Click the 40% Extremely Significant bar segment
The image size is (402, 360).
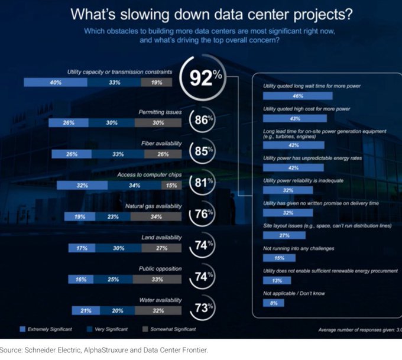(x=56, y=83)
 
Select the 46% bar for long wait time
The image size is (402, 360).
(x=298, y=95)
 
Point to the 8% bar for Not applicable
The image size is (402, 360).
(x=274, y=303)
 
